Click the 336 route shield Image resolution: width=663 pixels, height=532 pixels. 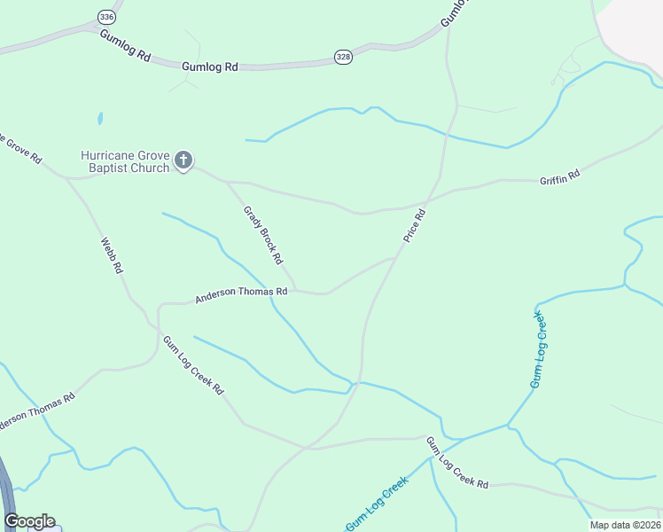(x=106, y=17)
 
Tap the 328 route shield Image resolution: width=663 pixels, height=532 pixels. (x=343, y=57)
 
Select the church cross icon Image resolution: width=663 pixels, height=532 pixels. (x=183, y=160)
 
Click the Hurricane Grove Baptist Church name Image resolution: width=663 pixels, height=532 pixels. (x=125, y=160)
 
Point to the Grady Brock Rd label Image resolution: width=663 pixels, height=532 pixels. (x=262, y=235)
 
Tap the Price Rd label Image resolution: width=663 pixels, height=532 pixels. (x=415, y=225)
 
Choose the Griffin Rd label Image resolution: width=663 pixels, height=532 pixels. (x=559, y=176)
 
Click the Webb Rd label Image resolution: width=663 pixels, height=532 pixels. (x=111, y=255)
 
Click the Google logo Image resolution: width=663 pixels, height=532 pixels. (x=29, y=521)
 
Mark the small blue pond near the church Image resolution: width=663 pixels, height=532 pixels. (x=100, y=118)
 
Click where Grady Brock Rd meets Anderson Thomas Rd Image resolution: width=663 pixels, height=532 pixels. (x=296, y=289)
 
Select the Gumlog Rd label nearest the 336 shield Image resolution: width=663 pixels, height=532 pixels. (x=125, y=44)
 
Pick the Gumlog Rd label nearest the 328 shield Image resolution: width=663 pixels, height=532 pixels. (x=210, y=66)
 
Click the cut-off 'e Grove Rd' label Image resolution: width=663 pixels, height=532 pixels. (x=19, y=150)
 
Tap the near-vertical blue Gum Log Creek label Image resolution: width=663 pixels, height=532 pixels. (x=539, y=348)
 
